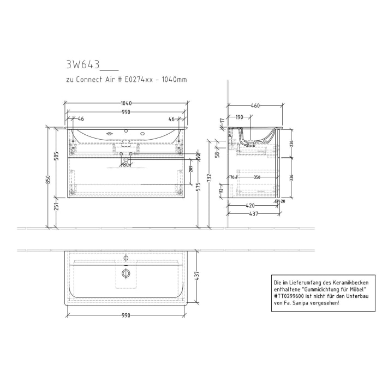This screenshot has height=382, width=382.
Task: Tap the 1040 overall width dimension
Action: [x=126, y=103]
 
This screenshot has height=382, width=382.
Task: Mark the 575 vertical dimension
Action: [x=199, y=187]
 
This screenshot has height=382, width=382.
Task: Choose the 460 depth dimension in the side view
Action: [x=255, y=106]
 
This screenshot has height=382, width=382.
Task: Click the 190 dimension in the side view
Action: [x=239, y=117]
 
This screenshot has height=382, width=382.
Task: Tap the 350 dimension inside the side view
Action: [x=256, y=177]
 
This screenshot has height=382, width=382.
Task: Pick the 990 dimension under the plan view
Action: [x=126, y=315]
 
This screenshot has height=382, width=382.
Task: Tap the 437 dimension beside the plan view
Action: [x=199, y=277]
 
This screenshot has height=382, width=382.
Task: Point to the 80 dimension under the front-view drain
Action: [x=126, y=164]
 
